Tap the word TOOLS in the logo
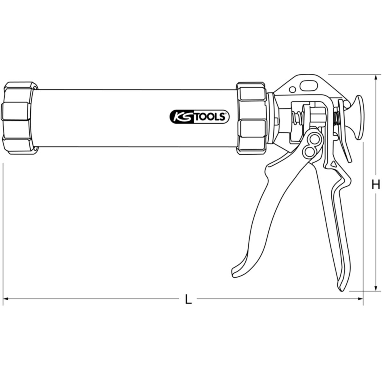pyautogui.click(x=211, y=117)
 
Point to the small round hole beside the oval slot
pyautogui.click(x=293, y=89)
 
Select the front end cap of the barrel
pyautogui.click(x=20, y=118)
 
